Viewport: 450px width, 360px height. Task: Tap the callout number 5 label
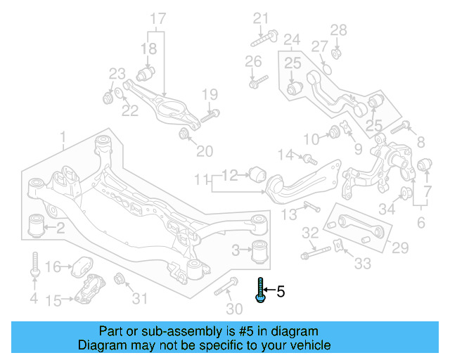pyautogui.click(x=281, y=290)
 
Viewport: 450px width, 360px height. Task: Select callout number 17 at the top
pyautogui.click(x=158, y=18)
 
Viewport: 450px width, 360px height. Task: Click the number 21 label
pyautogui.click(x=262, y=18)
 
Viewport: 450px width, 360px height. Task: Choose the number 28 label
pyautogui.click(x=339, y=30)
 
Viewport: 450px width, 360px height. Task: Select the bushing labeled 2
pyautogui.click(x=35, y=226)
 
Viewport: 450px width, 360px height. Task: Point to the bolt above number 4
pyautogui.click(x=34, y=265)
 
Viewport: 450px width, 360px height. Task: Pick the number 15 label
pyautogui.click(x=53, y=300)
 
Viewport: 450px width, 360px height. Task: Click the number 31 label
pyautogui.click(x=141, y=299)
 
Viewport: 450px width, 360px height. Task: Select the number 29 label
pyautogui.click(x=400, y=247)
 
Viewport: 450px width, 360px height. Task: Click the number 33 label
pyautogui.click(x=362, y=264)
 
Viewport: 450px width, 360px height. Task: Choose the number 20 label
pyautogui.click(x=204, y=151)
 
